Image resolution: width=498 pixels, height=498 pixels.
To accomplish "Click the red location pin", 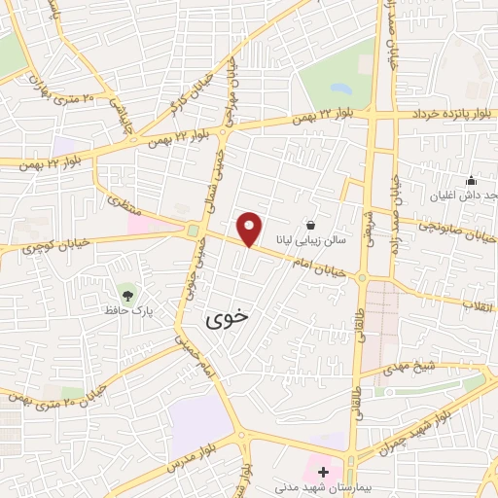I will [250, 230].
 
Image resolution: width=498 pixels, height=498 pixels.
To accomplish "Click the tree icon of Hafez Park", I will [127, 291].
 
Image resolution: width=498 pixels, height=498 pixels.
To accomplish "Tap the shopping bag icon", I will [310, 224].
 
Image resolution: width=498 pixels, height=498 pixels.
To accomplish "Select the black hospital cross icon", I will [323, 472].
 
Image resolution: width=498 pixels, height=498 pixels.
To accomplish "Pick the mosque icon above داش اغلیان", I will [471, 180].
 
